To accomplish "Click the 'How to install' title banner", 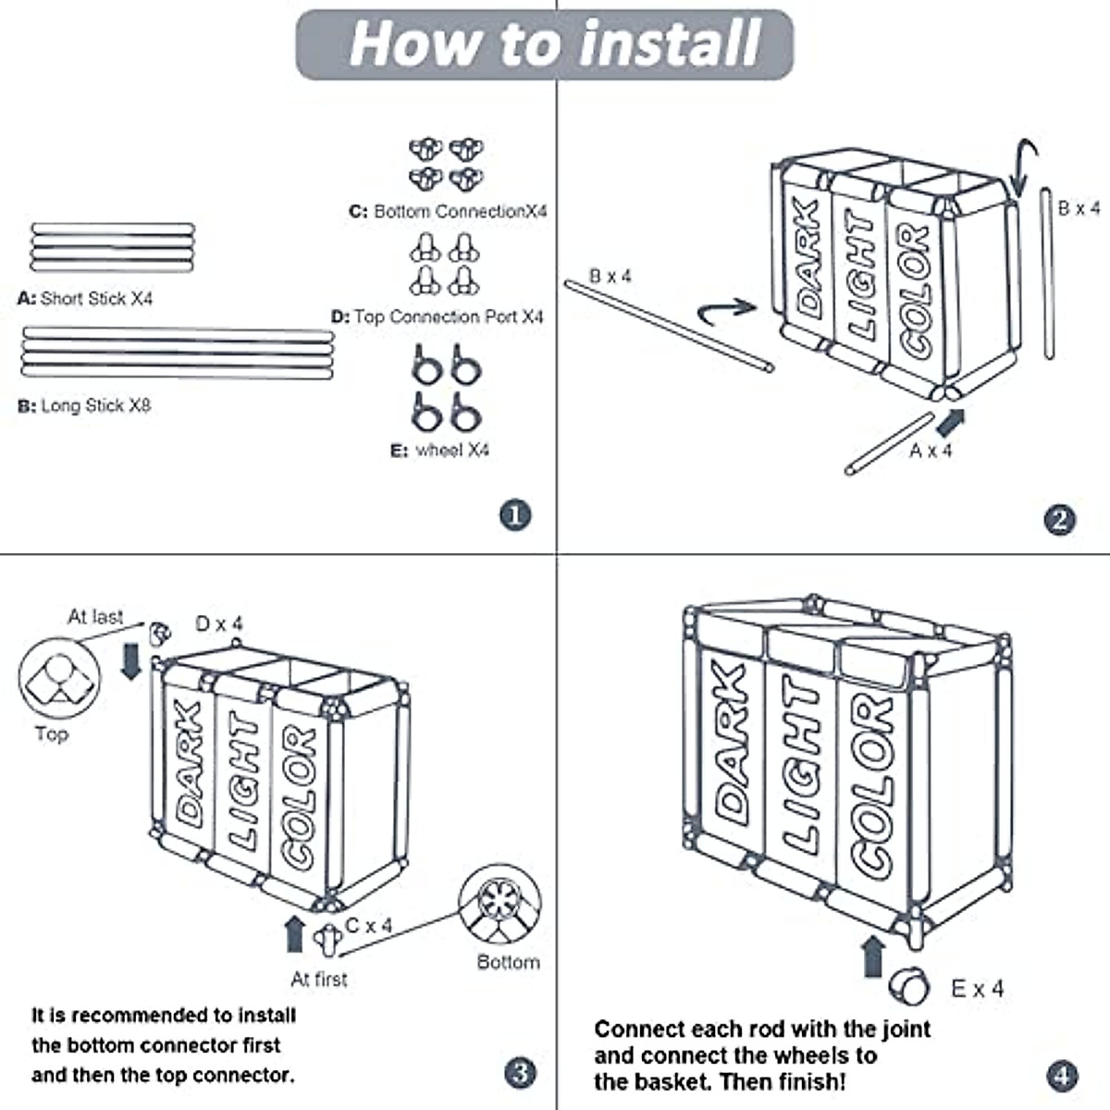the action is click(x=544, y=44).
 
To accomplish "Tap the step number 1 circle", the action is click(x=515, y=514).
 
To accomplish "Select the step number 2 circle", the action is click(x=1060, y=520).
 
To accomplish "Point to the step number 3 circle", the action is click(x=520, y=1073).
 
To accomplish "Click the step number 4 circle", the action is click(x=1063, y=1076).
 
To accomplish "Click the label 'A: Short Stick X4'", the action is click(x=85, y=299).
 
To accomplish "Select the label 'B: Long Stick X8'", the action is click(x=84, y=405).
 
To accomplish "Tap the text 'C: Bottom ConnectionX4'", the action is click(x=448, y=212).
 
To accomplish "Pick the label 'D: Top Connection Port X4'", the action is click(x=438, y=316).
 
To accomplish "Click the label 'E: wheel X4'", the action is click(x=439, y=450).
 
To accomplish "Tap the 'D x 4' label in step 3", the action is click(x=219, y=623).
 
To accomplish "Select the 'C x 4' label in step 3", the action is click(x=369, y=925).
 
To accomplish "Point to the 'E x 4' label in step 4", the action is click(x=978, y=989).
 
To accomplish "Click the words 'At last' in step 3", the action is click(x=95, y=617).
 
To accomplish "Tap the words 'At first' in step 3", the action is click(x=319, y=979).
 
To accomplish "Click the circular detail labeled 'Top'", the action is click(x=59, y=678).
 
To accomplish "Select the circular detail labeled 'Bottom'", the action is click(x=500, y=903).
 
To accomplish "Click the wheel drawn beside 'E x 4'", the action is click(x=908, y=986).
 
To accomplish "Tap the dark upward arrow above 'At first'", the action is click(x=295, y=934).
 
